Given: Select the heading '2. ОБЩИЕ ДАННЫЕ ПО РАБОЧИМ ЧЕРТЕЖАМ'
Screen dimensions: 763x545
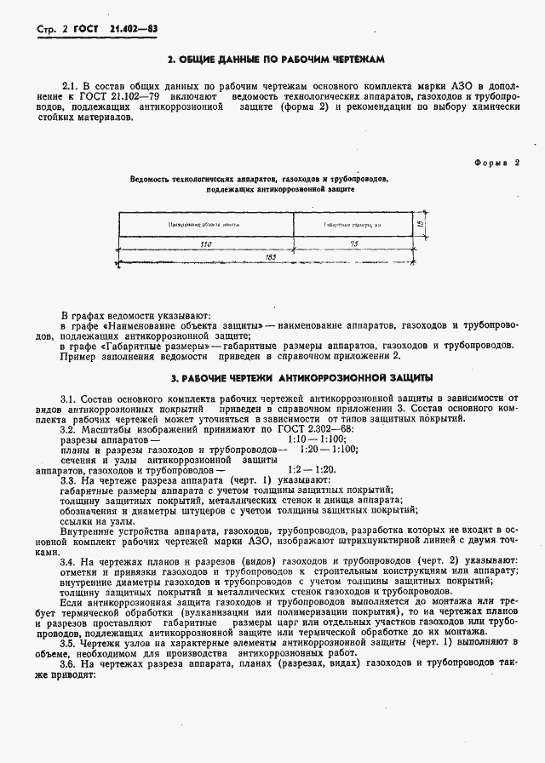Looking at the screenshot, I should click(277, 60).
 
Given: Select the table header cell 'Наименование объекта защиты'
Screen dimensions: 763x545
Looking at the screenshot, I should click(205, 224).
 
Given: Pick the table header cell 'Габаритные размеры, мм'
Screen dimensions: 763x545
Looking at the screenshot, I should click(352, 224).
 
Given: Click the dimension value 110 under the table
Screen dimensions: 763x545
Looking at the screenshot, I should click(205, 244).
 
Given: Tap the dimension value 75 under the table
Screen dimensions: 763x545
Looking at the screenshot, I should click(353, 244).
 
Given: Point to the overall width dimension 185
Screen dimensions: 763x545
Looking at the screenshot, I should click(271, 256).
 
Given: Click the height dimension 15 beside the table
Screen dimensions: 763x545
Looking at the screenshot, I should click(422, 224).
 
